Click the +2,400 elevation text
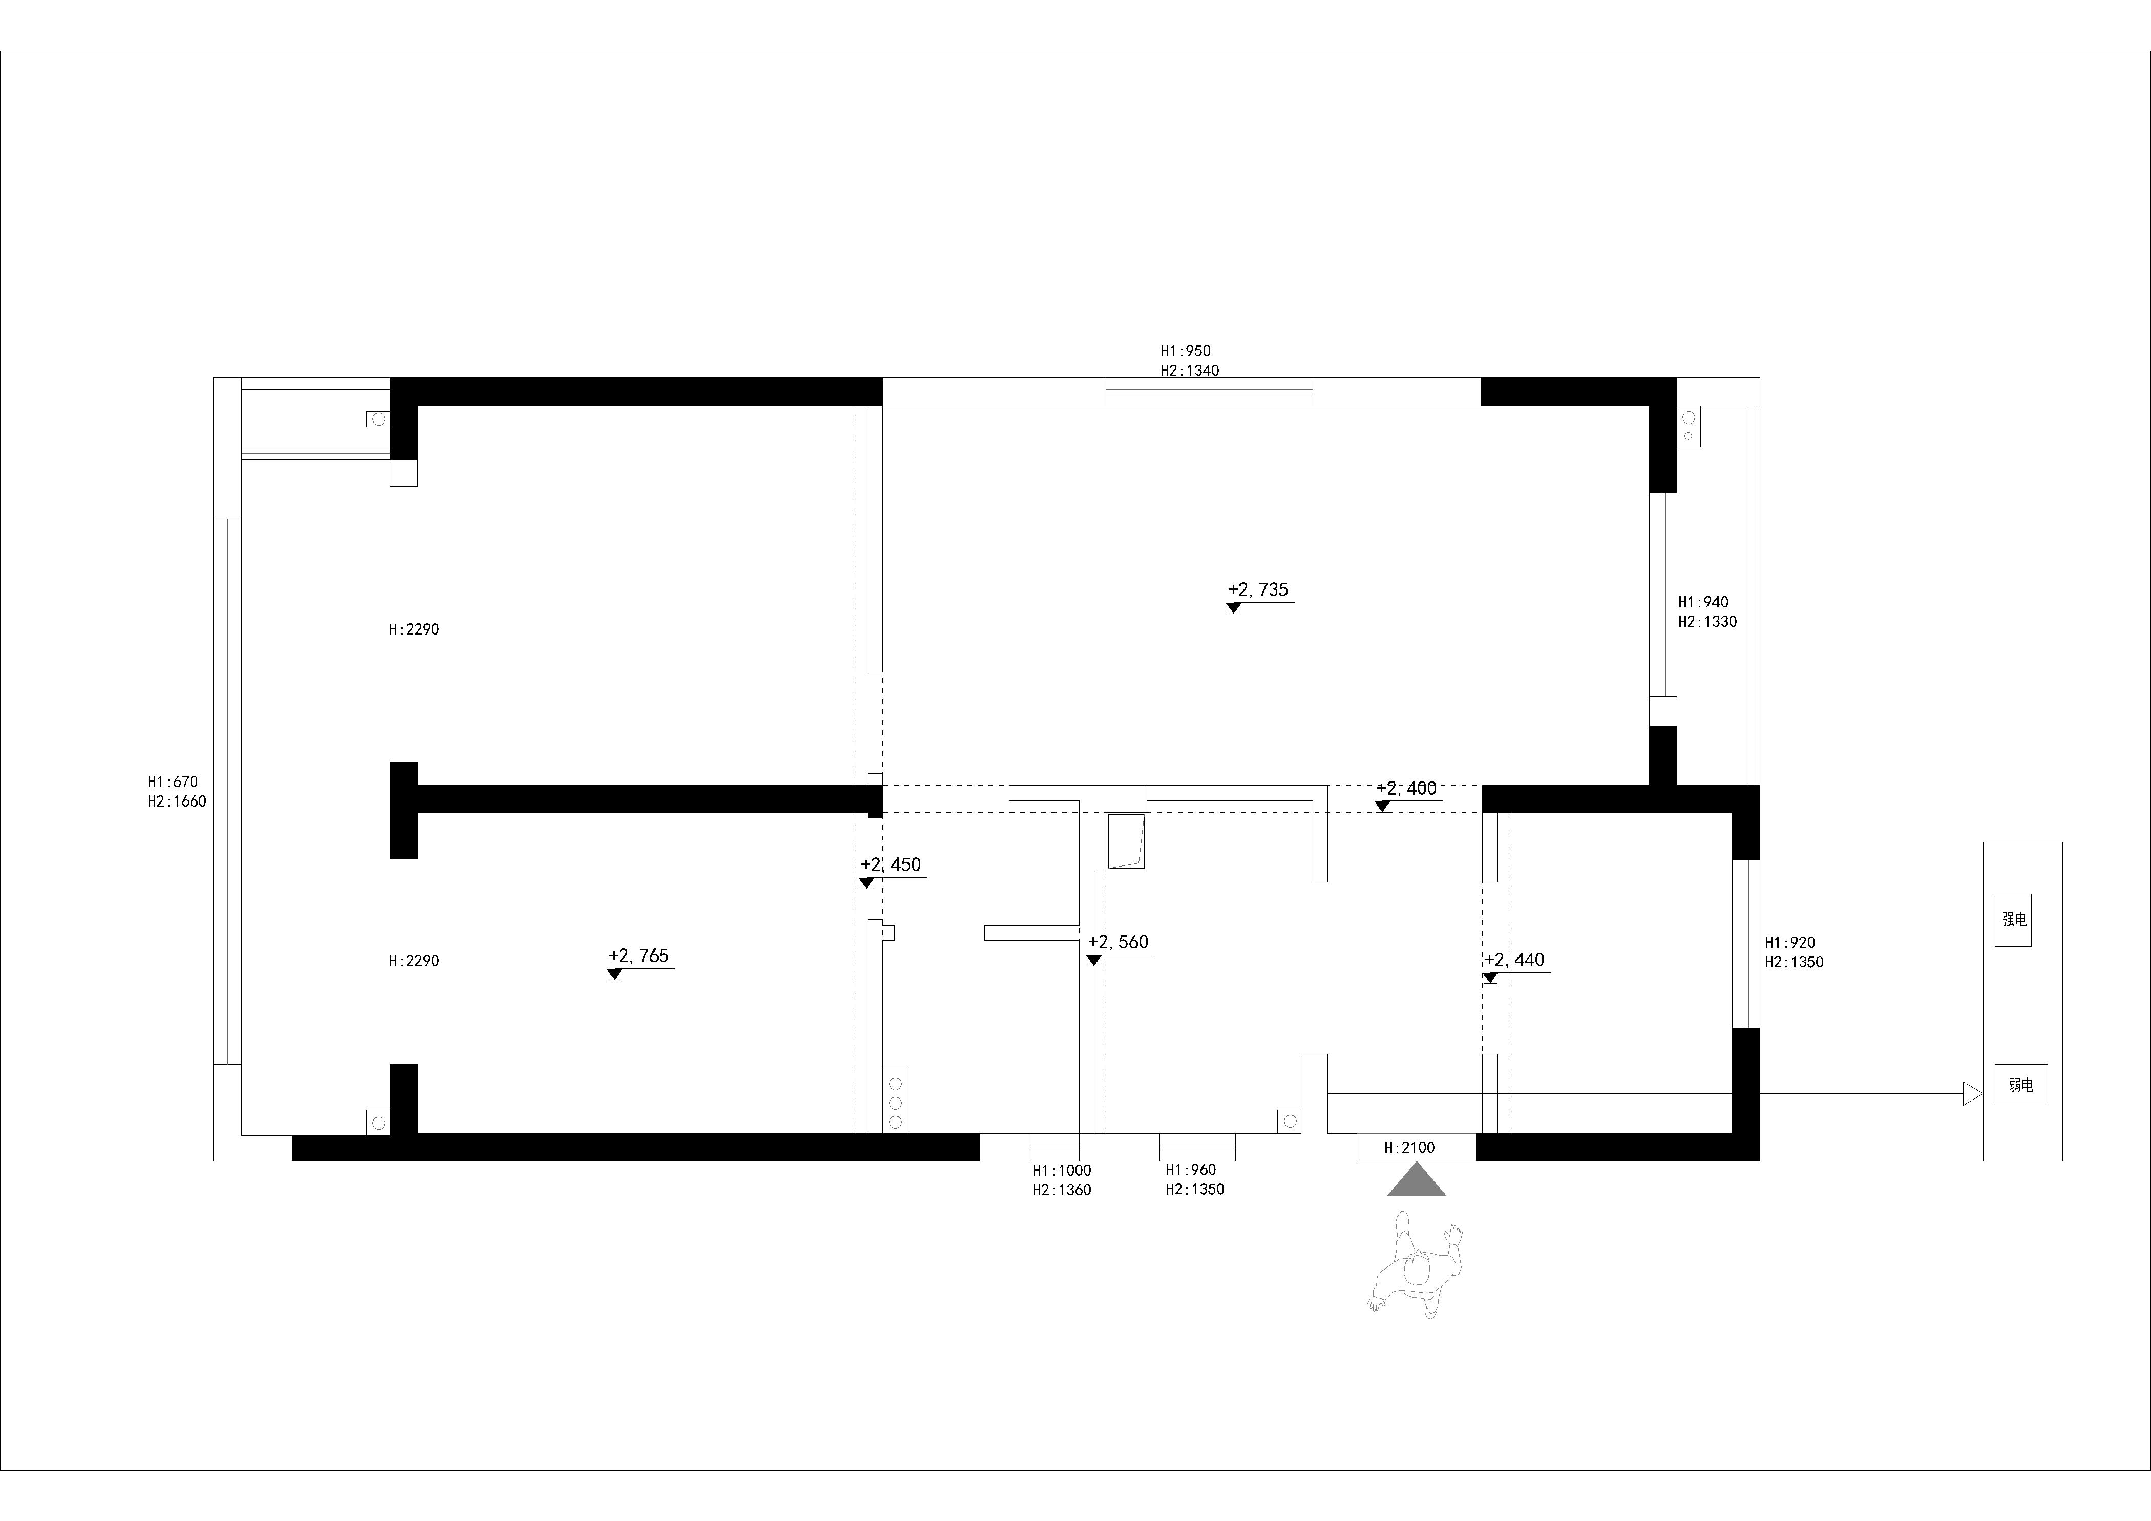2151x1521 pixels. (x=1406, y=789)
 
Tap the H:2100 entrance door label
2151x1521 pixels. (x=1409, y=1147)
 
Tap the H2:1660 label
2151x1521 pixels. (x=177, y=801)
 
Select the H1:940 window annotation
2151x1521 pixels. (x=1703, y=602)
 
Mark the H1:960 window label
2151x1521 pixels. (x=1191, y=1170)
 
